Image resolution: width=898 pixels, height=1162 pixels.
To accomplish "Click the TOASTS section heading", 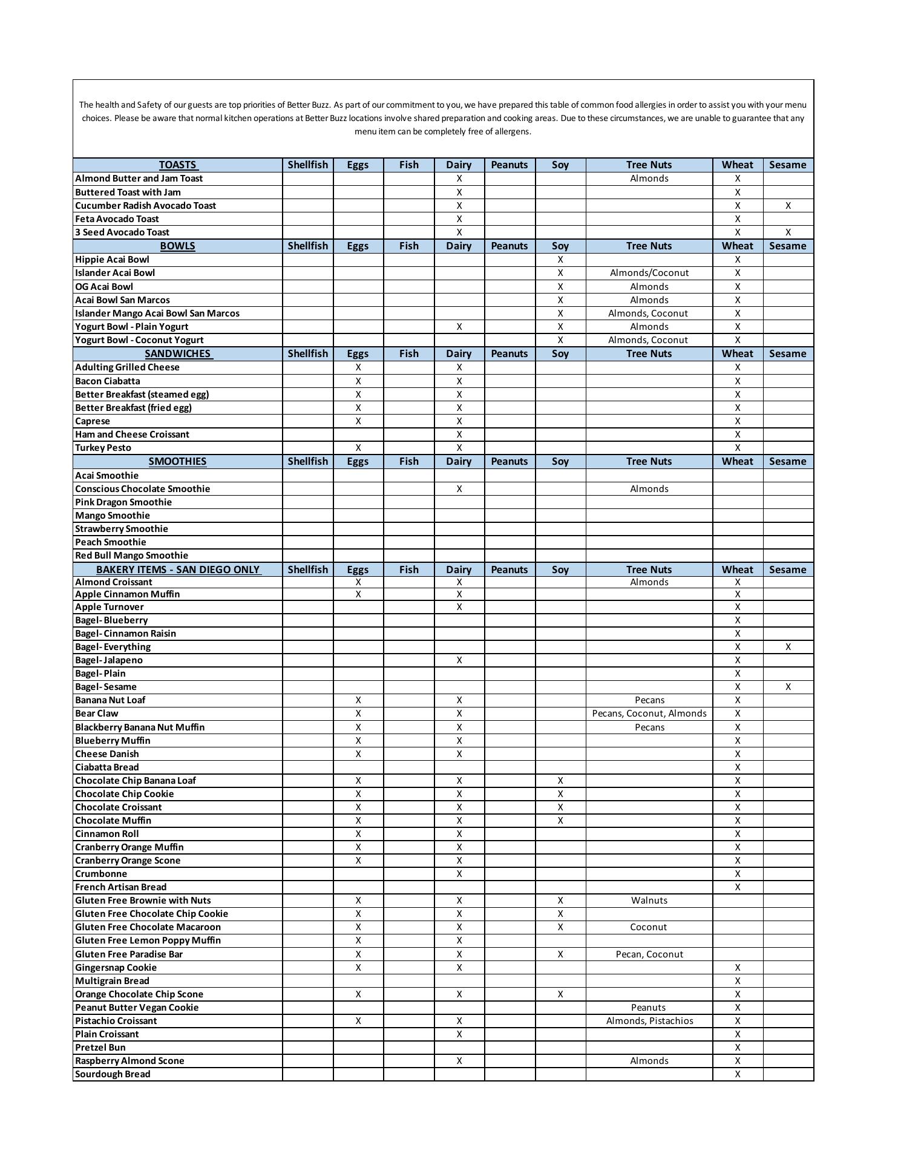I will [178, 165].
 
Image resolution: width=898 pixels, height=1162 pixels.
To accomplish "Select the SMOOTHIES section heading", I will [177, 461].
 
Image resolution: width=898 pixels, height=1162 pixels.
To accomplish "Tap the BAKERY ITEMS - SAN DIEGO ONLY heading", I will [178, 570].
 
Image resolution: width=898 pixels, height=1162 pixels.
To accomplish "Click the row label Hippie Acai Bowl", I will [112, 260].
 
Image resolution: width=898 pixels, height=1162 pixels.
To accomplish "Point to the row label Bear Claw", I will [97, 714].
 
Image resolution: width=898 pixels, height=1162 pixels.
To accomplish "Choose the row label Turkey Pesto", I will [103, 448].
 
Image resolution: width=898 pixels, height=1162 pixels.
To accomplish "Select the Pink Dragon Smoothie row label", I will [123, 502].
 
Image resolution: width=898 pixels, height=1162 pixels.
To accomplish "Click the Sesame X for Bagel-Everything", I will [788, 647].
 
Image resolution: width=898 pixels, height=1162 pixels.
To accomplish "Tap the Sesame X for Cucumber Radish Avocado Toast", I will [788, 206].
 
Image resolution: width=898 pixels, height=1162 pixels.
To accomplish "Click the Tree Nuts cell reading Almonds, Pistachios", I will [649, 1021].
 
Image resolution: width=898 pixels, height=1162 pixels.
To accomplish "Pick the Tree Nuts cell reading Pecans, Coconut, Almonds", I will [649, 714].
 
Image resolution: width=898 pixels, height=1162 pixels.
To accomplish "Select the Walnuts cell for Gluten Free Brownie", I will [649, 901].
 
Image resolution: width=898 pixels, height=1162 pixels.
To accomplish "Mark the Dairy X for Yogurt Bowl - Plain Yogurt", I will [459, 327].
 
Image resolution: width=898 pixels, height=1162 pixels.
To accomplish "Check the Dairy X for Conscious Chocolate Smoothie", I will [459, 489].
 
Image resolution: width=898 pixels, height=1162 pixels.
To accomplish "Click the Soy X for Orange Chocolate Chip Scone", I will [560, 994].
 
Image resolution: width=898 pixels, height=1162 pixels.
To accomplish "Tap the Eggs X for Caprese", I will [358, 421].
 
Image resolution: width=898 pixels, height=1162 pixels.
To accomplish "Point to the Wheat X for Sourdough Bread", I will [738, 1074].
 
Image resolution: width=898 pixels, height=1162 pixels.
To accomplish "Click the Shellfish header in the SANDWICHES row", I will [307, 353].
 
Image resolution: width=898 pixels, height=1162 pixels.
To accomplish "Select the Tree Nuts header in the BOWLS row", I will [649, 246].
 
